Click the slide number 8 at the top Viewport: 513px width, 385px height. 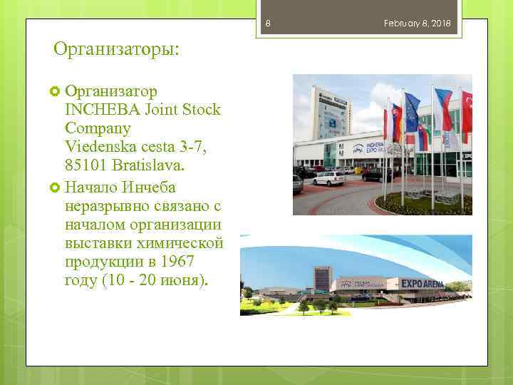click(268, 24)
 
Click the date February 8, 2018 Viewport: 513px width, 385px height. click(418, 24)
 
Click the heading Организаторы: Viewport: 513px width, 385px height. click(117, 49)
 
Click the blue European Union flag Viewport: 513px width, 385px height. click(412, 113)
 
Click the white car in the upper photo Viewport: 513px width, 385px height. click(328, 178)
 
